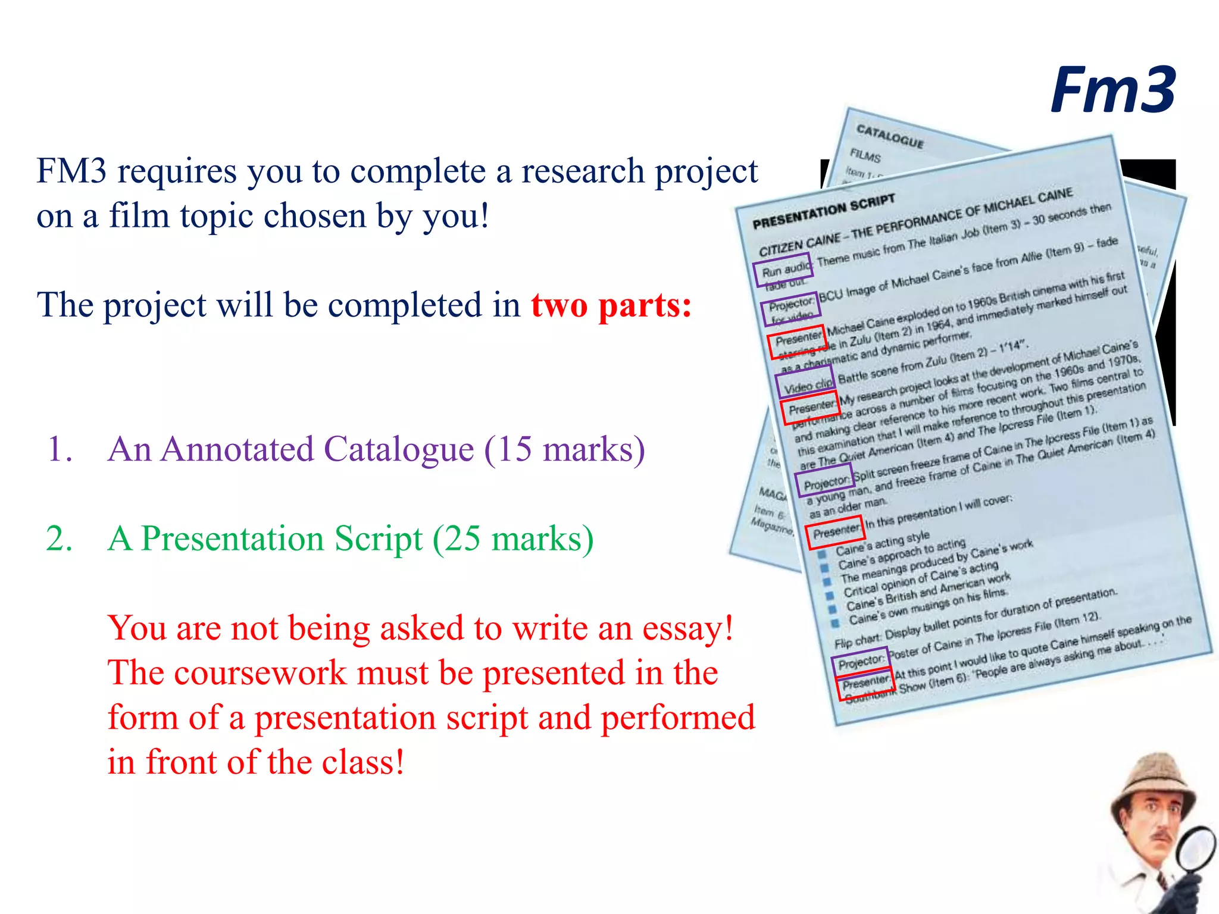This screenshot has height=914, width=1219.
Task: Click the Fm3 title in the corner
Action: click(x=1112, y=90)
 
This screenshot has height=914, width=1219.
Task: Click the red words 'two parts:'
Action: click(x=611, y=305)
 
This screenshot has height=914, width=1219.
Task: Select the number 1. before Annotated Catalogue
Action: click(x=60, y=449)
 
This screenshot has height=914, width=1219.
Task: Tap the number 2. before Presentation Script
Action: click(x=60, y=539)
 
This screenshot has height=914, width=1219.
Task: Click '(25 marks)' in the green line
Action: click(x=513, y=539)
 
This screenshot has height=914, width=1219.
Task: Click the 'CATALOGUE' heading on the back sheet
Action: click(x=890, y=136)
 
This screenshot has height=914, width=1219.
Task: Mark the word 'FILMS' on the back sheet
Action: click(x=865, y=156)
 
